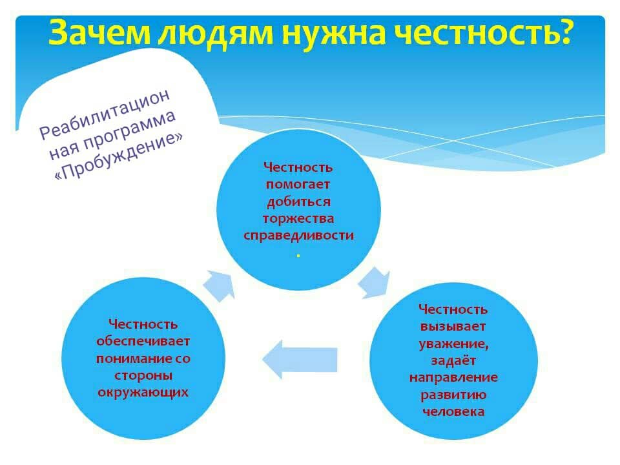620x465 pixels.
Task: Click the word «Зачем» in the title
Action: pos(99,33)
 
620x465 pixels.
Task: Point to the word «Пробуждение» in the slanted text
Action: pos(119,156)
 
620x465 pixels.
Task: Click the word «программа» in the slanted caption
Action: pos(130,130)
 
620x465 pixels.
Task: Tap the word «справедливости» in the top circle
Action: pos(298,236)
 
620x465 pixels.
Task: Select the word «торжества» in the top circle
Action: pos(298,219)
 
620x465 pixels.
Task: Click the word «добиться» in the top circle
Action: pos(298,201)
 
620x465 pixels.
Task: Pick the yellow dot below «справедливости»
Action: pos(298,256)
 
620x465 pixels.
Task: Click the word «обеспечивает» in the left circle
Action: pos(143,341)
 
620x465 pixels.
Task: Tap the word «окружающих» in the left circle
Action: pos(143,392)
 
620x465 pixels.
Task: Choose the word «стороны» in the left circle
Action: pos(143,375)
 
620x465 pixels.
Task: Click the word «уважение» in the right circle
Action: pos(453,344)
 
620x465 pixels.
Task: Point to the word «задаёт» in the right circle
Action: pos(453,360)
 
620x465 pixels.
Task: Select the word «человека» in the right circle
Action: pos(453,411)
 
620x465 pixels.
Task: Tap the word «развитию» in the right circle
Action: pos(453,395)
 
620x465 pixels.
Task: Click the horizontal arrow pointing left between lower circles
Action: pos(299,360)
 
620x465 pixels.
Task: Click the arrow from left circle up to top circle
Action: pos(219,286)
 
